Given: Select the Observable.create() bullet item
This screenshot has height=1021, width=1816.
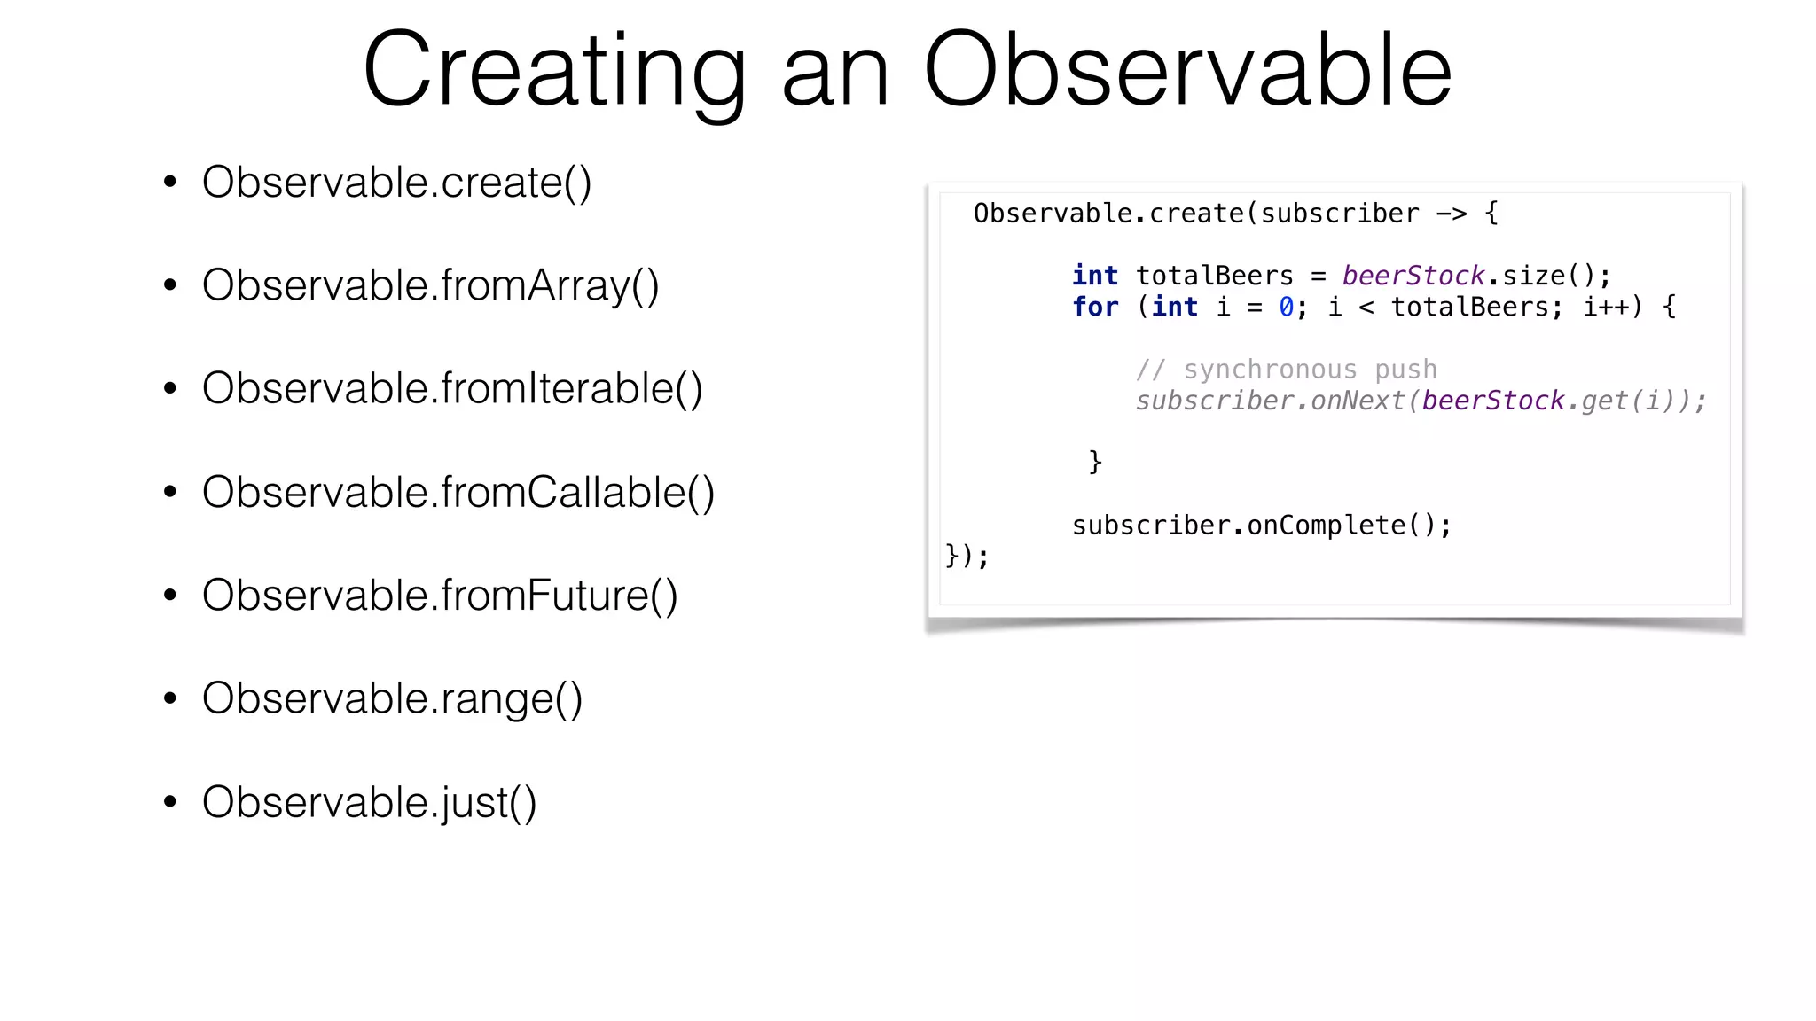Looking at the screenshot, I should click(396, 183).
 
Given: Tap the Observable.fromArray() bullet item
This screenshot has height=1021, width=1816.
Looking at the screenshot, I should click(430, 285).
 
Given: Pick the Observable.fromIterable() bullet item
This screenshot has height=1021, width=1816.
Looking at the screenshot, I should click(452, 388).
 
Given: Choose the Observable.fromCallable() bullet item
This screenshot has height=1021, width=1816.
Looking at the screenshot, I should click(458, 492).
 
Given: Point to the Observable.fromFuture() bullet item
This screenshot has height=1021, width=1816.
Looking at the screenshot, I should click(440, 595).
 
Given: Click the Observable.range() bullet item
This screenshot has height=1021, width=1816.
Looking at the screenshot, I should click(392, 698).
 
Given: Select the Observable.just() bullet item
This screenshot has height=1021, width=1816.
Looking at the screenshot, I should click(369, 802).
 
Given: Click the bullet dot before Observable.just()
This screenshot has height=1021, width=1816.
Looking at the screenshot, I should click(170, 802).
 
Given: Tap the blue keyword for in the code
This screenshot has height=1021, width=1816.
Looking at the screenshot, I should click(1095, 307).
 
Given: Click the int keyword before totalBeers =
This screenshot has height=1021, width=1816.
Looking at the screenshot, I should click(1095, 276).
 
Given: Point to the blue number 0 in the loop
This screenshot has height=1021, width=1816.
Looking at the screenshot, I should click(1286, 307).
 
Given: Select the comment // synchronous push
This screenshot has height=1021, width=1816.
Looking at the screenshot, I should click(1286, 370).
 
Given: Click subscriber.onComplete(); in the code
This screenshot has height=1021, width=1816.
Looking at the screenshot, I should click(1261, 526).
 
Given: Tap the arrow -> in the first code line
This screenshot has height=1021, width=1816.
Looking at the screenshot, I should click(1452, 214).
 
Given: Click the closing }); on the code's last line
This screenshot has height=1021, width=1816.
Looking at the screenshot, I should click(967, 557).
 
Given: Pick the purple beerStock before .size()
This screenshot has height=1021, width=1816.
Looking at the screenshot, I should click(1413, 276).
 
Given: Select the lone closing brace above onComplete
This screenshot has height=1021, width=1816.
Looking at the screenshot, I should click(1095, 462).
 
